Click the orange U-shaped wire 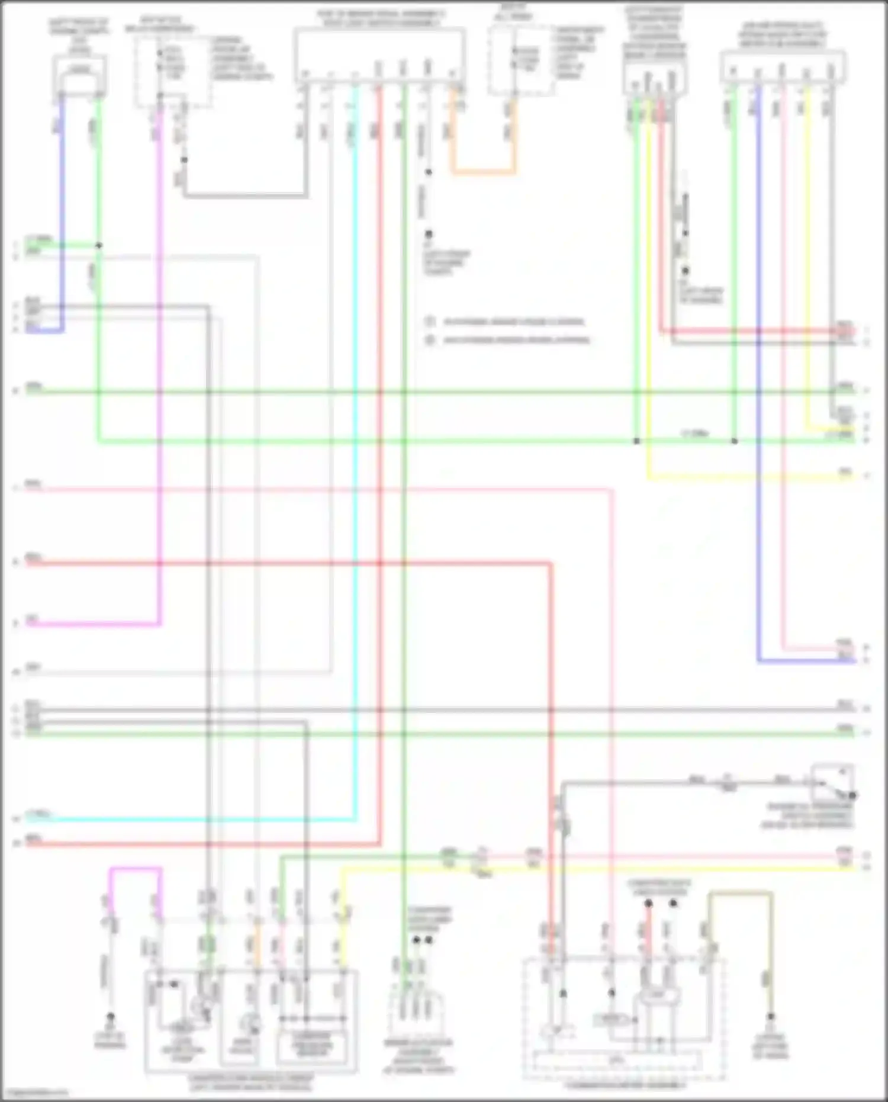pyautogui.click(x=482, y=172)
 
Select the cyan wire pyautogui.click(x=355, y=474)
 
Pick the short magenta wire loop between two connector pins pyautogui.click(x=135, y=869)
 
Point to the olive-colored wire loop pyautogui.click(x=740, y=893)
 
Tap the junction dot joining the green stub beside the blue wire pyautogui.click(x=99, y=245)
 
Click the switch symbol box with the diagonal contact pyautogui.click(x=832, y=782)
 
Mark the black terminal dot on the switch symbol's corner pyautogui.click(x=852, y=795)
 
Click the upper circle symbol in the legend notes pyautogui.click(x=430, y=322)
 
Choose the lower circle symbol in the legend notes pyautogui.click(x=430, y=340)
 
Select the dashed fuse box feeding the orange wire pyautogui.click(x=521, y=60)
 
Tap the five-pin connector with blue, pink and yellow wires pyautogui.click(x=783, y=66)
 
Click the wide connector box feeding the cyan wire pyautogui.click(x=379, y=56)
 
